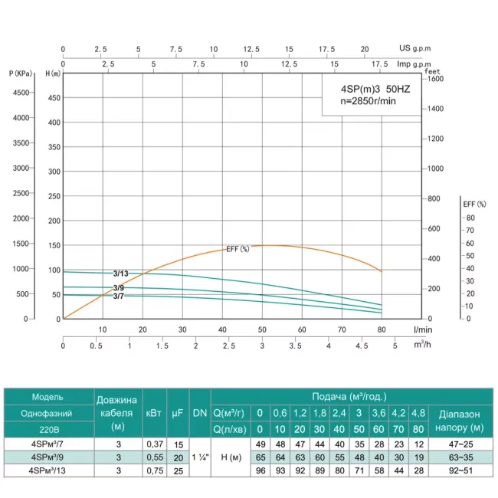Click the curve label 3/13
point(121,274)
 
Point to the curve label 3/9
point(119,287)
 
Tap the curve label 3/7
point(119,297)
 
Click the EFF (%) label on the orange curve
point(238,249)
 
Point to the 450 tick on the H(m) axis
point(54,97)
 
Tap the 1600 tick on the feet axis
point(436,78)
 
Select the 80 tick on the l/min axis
point(381,329)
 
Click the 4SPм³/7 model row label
point(48,444)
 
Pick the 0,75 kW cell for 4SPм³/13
point(152,471)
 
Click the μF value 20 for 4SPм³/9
point(177,457)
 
